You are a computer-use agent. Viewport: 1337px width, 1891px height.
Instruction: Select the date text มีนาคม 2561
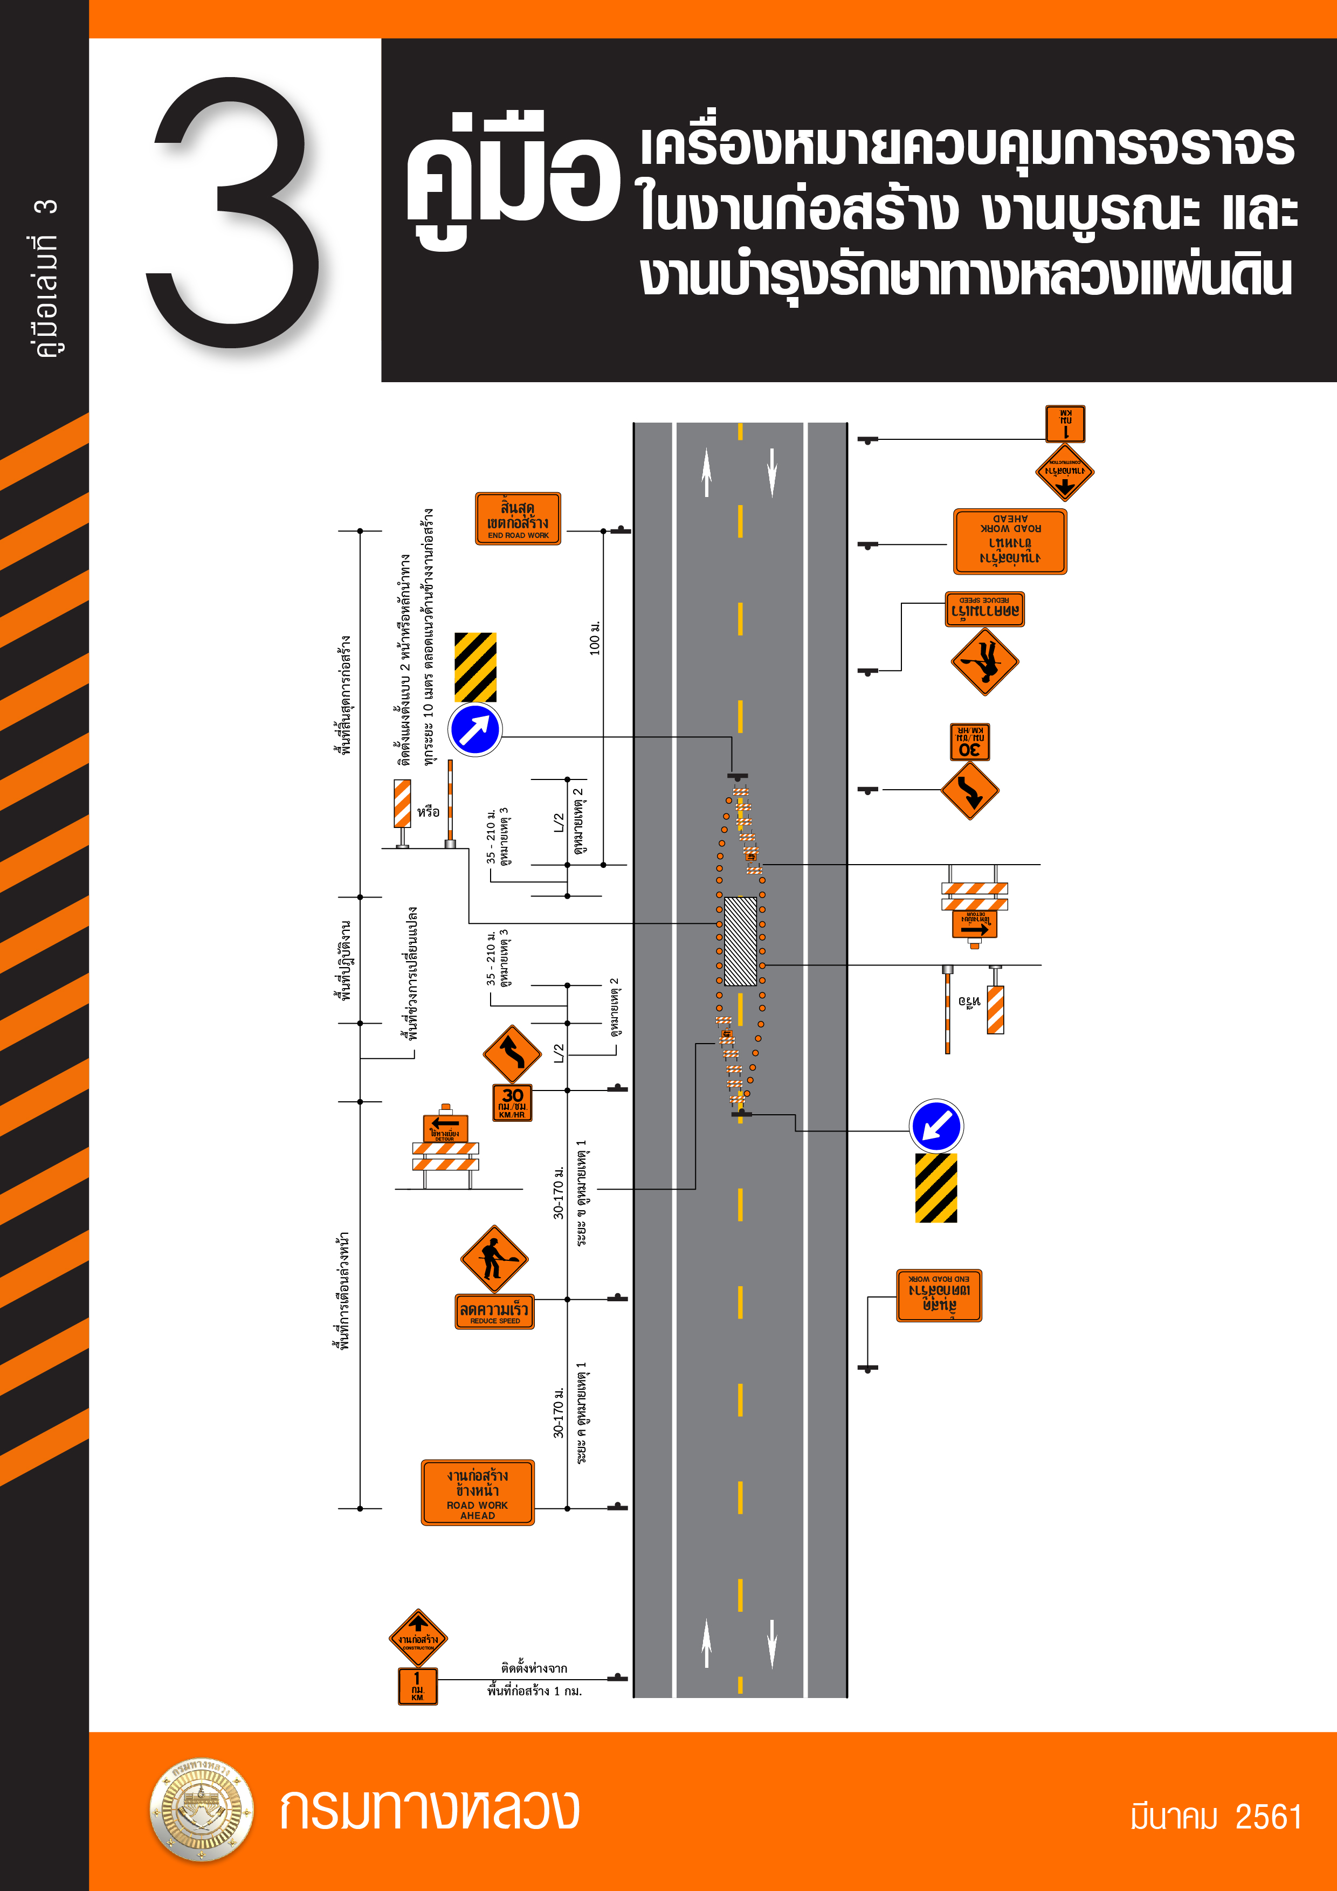point(1215,1816)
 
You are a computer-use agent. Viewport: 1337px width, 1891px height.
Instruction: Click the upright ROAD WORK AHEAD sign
point(478,1493)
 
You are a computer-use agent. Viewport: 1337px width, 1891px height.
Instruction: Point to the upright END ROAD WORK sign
point(518,519)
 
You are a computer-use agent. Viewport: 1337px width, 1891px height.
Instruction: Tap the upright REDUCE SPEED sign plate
point(494,1311)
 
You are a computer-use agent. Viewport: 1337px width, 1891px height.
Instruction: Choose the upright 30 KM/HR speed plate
point(512,1102)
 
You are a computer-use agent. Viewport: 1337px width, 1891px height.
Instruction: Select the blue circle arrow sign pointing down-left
point(936,1126)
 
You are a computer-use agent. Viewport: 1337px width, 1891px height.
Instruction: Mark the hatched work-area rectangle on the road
point(740,941)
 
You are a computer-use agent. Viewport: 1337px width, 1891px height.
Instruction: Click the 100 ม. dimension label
point(595,638)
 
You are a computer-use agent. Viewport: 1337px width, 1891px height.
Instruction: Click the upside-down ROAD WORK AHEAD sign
point(1010,541)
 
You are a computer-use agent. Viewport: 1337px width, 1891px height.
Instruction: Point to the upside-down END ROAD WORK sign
point(939,1295)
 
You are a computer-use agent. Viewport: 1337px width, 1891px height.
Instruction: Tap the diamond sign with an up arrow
point(418,1638)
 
